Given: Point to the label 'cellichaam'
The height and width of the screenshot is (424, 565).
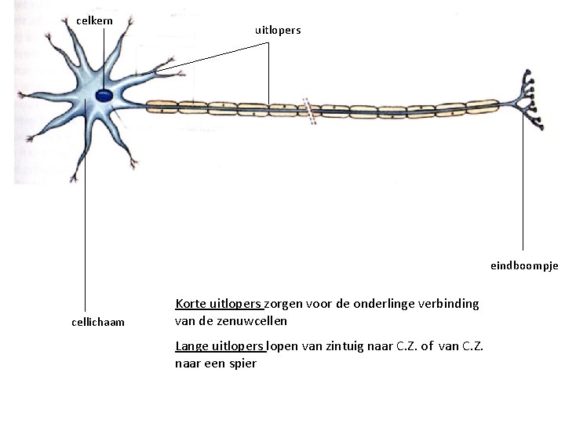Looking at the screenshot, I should [97, 322].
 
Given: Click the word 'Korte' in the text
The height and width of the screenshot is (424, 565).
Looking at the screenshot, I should [190, 304].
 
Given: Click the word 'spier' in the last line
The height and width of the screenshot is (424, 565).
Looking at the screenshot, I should [242, 364].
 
